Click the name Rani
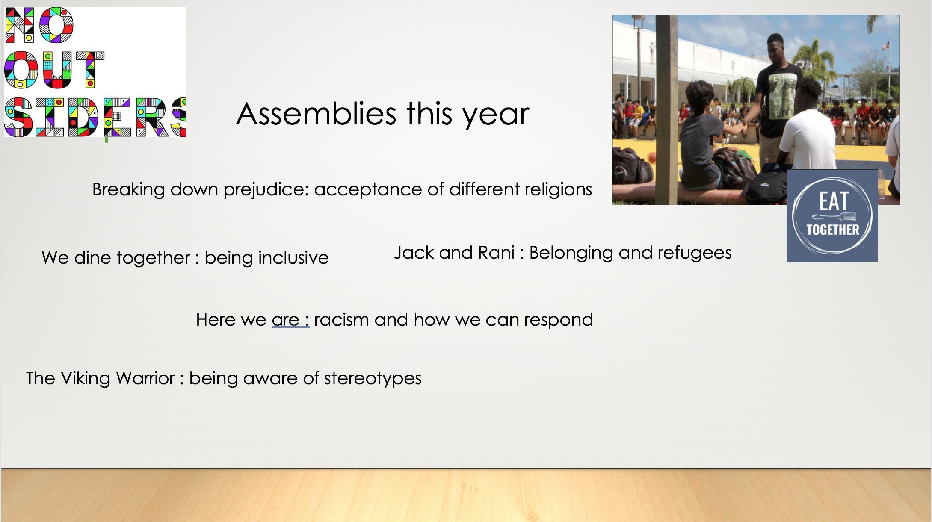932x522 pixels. pyautogui.click(x=496, y=253)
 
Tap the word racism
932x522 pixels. pyautogui.click(x=341, y=320)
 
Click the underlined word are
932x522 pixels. pyautogui.click(x=285, y=320)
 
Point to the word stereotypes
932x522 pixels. pyautogui.click(x=373, y=379)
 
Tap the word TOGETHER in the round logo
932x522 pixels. pyautogui.click(x=833, y=230)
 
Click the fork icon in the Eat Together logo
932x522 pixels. pyautogui.click(x=834, y=217)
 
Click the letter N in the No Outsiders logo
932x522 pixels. pyautogui.click(x=20, y=25)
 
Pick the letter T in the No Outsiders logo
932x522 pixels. pyautogui.click(x=90, y=70)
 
